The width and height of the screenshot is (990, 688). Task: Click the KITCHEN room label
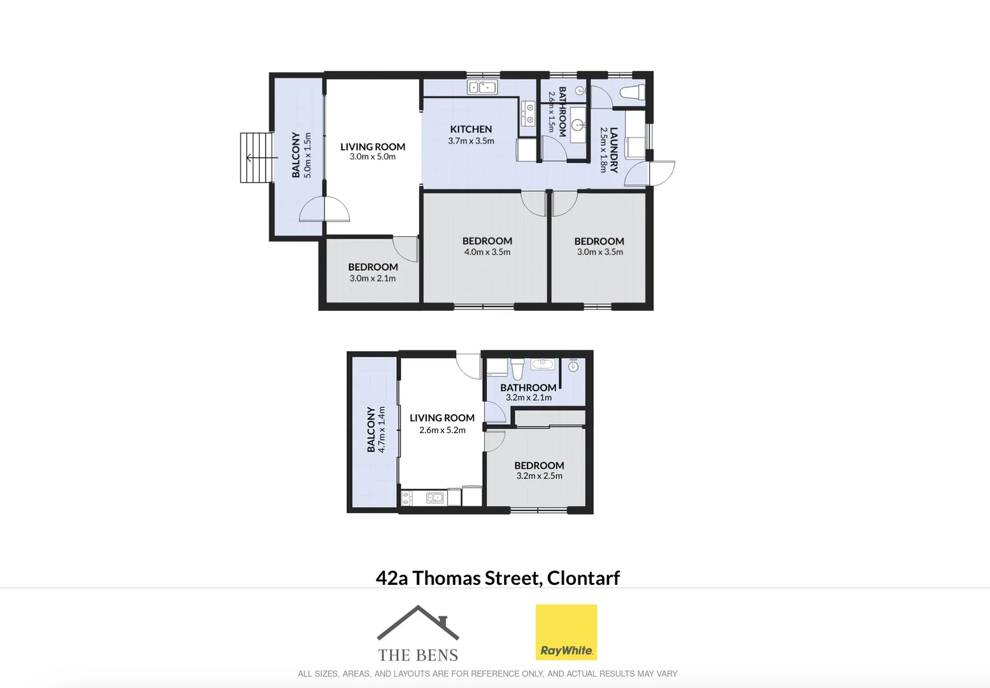point(471,129)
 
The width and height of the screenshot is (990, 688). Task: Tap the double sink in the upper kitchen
point(482,87)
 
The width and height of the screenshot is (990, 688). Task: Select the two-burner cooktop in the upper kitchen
point(527,114)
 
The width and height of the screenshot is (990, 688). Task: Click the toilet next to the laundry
point(632,92)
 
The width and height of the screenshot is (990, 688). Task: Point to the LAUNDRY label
point(613,150)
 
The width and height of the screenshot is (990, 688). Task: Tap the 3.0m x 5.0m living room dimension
point(373,157)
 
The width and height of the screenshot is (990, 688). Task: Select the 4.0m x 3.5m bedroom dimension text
point(487,252)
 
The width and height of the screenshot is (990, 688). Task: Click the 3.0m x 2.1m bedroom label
point(373,267)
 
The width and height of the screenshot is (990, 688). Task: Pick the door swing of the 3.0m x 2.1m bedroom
point(405,248)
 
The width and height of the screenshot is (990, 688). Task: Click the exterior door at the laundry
point(661,173)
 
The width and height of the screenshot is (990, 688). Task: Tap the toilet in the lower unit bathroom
point(517,368)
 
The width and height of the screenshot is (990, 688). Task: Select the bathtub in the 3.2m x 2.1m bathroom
point(543,365)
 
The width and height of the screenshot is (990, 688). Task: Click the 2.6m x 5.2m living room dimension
point(442,431)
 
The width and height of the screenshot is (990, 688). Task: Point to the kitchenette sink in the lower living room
point(435,498)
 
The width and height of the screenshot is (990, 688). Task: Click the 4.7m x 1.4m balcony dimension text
point(382,430)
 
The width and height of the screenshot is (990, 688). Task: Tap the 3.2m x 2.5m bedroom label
point(539,466)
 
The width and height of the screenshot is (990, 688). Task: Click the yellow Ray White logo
point(566,632)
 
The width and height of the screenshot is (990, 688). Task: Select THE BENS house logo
point(418,633)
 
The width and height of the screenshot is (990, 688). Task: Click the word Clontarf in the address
point(583,578)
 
